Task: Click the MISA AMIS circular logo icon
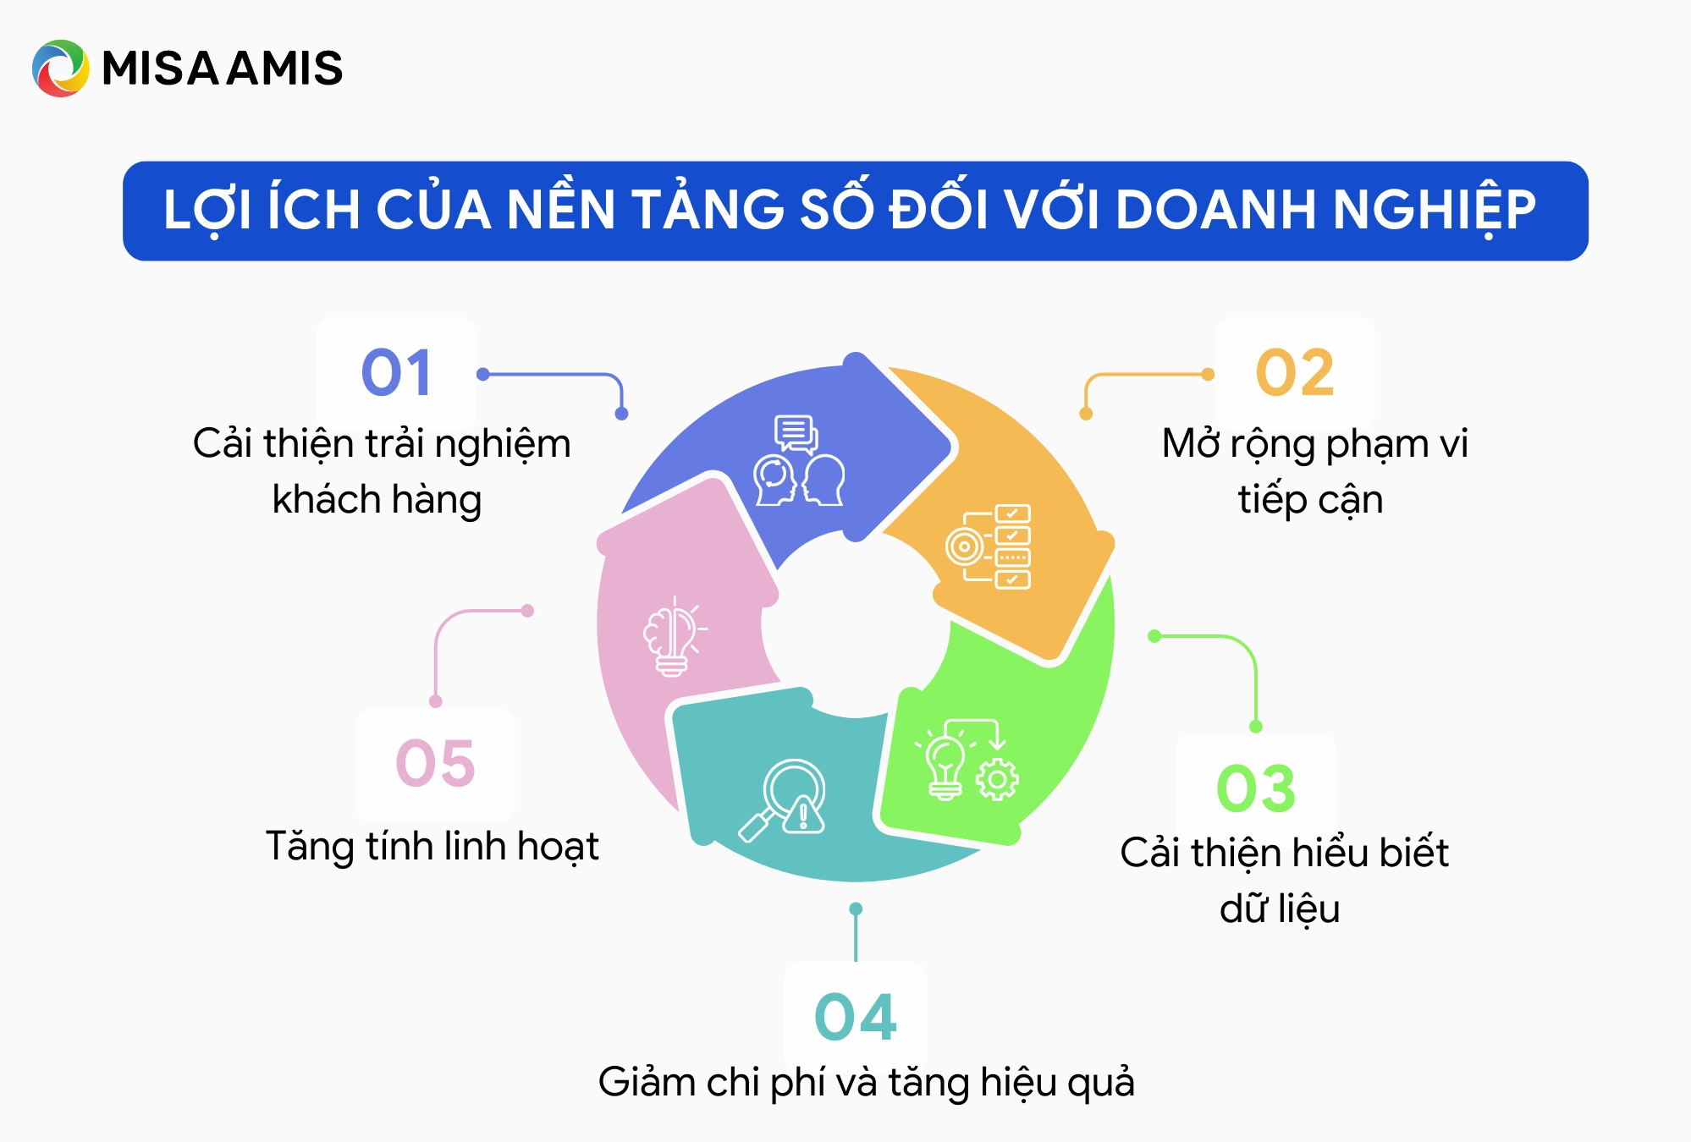pos(60,69)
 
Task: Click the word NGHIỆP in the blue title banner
pos(1434,211)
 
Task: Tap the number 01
pos(396,373)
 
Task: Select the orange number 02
pos(1295,373)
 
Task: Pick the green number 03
pos(1256,788)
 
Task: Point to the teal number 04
pos(855,1017)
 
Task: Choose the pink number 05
pos(435,763)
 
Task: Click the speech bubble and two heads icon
pos(798,462)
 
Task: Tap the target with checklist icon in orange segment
pos(989,546)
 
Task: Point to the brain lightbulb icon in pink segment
pos(674,636)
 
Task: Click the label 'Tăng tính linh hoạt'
pos(432,847)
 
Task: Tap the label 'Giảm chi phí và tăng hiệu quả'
pos(866,1083)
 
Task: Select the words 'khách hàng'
pos(377,500)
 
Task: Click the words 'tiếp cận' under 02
pos(1310,500)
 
